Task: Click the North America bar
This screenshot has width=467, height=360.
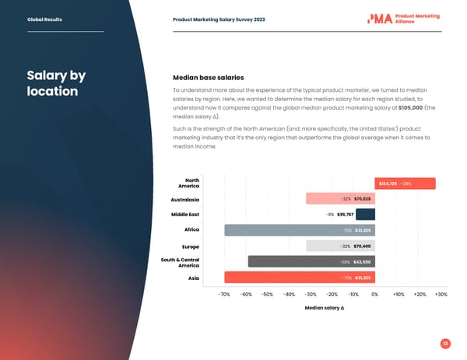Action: coord(405,183)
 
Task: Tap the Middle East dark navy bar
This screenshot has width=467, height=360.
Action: coord(365,215)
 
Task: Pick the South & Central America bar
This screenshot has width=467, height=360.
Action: coord(311,261)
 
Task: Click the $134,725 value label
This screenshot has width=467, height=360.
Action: coord(388,183)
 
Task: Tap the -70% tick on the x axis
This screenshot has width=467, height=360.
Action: coord(224,295)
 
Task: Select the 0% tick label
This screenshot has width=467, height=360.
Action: coord(374,295)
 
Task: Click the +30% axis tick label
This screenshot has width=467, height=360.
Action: coord(441,295)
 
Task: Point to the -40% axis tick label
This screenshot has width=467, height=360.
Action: coord(289,295)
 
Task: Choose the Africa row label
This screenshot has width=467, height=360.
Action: coord(191,230)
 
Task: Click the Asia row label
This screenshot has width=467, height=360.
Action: coord(193,277)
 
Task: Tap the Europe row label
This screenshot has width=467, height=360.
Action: coord(190,246)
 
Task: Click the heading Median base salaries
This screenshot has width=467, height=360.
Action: coord(208,78)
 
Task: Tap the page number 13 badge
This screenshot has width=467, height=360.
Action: coord(444,343)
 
